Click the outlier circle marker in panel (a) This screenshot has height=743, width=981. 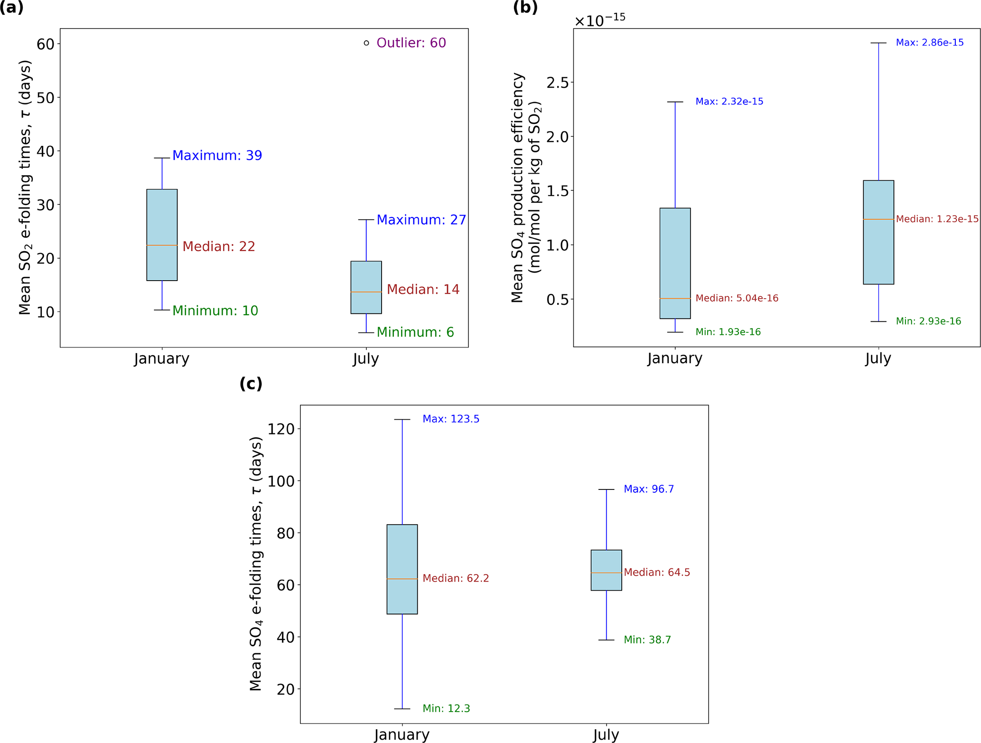pos(366,43)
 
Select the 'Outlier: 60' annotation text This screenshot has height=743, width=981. pos(411,43)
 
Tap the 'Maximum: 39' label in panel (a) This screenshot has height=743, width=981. pos(217,155)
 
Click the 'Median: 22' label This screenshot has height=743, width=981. pos(219,246)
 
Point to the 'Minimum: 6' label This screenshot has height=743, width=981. pos(415,332)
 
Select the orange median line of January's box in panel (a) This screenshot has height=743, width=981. pos(162,245)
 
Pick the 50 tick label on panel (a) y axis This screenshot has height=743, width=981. pos(46,98)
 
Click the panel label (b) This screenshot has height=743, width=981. pos(525,8)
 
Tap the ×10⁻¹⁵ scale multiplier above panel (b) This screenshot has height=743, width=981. pos(600,20)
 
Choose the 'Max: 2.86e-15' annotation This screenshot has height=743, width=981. pos(929,43)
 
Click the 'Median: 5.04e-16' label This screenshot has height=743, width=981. pos(737,298)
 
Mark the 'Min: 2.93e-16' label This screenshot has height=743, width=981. pos(928,321)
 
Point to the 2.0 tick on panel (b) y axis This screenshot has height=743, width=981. pos(557,137)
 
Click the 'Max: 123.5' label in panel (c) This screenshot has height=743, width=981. pos(451,419)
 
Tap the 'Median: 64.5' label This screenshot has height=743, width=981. pos(657,573)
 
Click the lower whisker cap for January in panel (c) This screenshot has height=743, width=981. pos(402,709)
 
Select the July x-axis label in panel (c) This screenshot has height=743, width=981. pos(606,734)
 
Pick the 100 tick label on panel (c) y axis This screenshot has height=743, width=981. pos(281,481)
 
